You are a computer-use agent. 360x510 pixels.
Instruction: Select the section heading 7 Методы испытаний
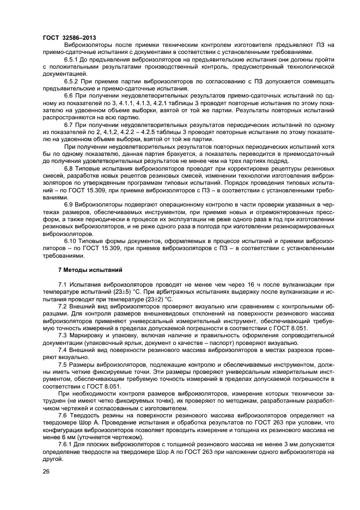[x=90, y=270]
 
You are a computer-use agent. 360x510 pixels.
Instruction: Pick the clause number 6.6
[x=69, y=95]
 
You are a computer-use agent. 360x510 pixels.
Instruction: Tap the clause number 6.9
[x=69, y=204]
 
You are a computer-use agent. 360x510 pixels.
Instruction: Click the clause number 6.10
[x=70, y=240]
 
